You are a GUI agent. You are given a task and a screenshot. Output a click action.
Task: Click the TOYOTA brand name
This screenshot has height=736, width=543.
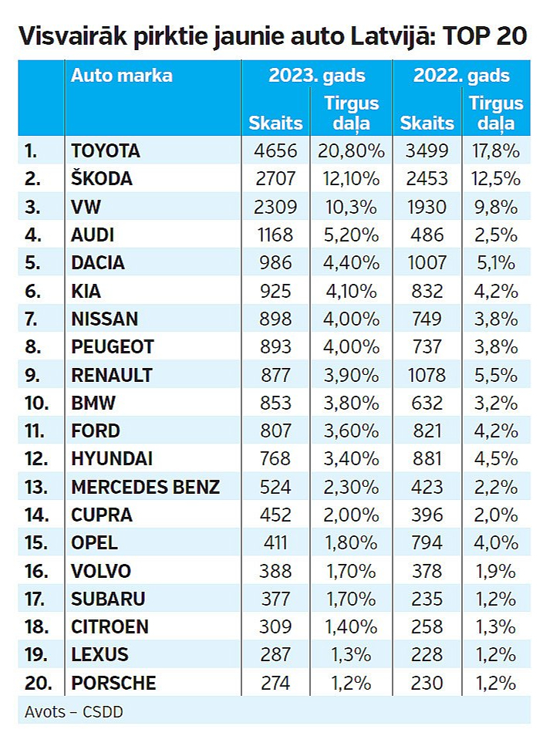106,151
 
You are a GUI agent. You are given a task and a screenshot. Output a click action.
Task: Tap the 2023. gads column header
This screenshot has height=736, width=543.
316,76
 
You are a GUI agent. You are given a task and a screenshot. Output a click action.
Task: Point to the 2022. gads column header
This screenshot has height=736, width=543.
461,76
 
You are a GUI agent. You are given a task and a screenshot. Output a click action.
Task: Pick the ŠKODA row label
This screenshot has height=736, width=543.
102,178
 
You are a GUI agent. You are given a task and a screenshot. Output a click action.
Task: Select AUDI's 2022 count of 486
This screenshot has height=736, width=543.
427,235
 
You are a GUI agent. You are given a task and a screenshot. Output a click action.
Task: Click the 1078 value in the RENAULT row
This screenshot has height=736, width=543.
427,375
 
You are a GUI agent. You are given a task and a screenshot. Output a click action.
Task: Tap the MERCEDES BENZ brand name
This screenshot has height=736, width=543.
146,487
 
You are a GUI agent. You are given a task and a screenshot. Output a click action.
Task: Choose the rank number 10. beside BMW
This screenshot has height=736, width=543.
36,403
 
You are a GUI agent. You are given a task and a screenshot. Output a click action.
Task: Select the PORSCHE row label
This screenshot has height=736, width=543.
113,683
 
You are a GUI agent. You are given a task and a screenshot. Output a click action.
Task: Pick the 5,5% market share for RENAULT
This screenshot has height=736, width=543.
494,375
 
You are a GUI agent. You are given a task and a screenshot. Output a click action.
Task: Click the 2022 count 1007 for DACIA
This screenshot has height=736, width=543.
427,262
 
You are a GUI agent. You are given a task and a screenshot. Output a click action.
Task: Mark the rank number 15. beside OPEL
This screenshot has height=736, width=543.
35,543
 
